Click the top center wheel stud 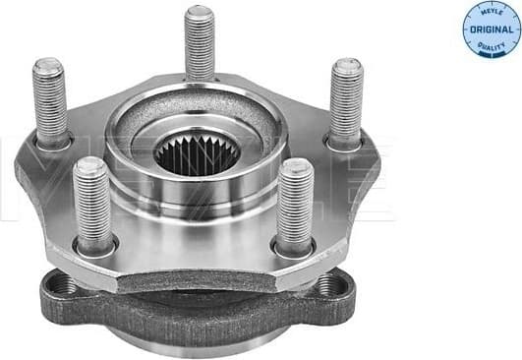[x=200, y=44]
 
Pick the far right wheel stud [x=346, y=99]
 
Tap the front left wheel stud [x=92, y=202]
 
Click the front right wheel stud [x=294, y=204]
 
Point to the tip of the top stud [x=200, y=14]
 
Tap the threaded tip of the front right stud [x=294, y=169]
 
